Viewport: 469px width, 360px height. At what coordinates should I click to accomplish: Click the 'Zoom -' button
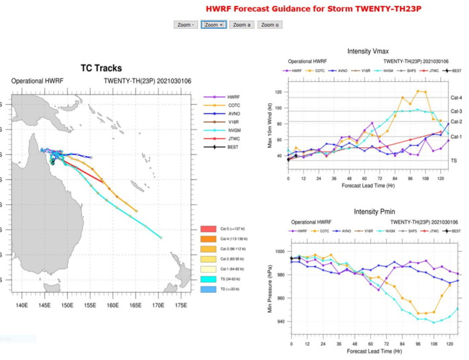pos(186,25)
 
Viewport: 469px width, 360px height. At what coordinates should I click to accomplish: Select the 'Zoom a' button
pos(241,25)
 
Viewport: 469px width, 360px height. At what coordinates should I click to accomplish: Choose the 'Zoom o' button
pos(269,25)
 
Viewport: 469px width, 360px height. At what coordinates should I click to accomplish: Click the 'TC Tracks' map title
pos(101,68)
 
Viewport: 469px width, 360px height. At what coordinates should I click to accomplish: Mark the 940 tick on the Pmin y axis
pos(278,322)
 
